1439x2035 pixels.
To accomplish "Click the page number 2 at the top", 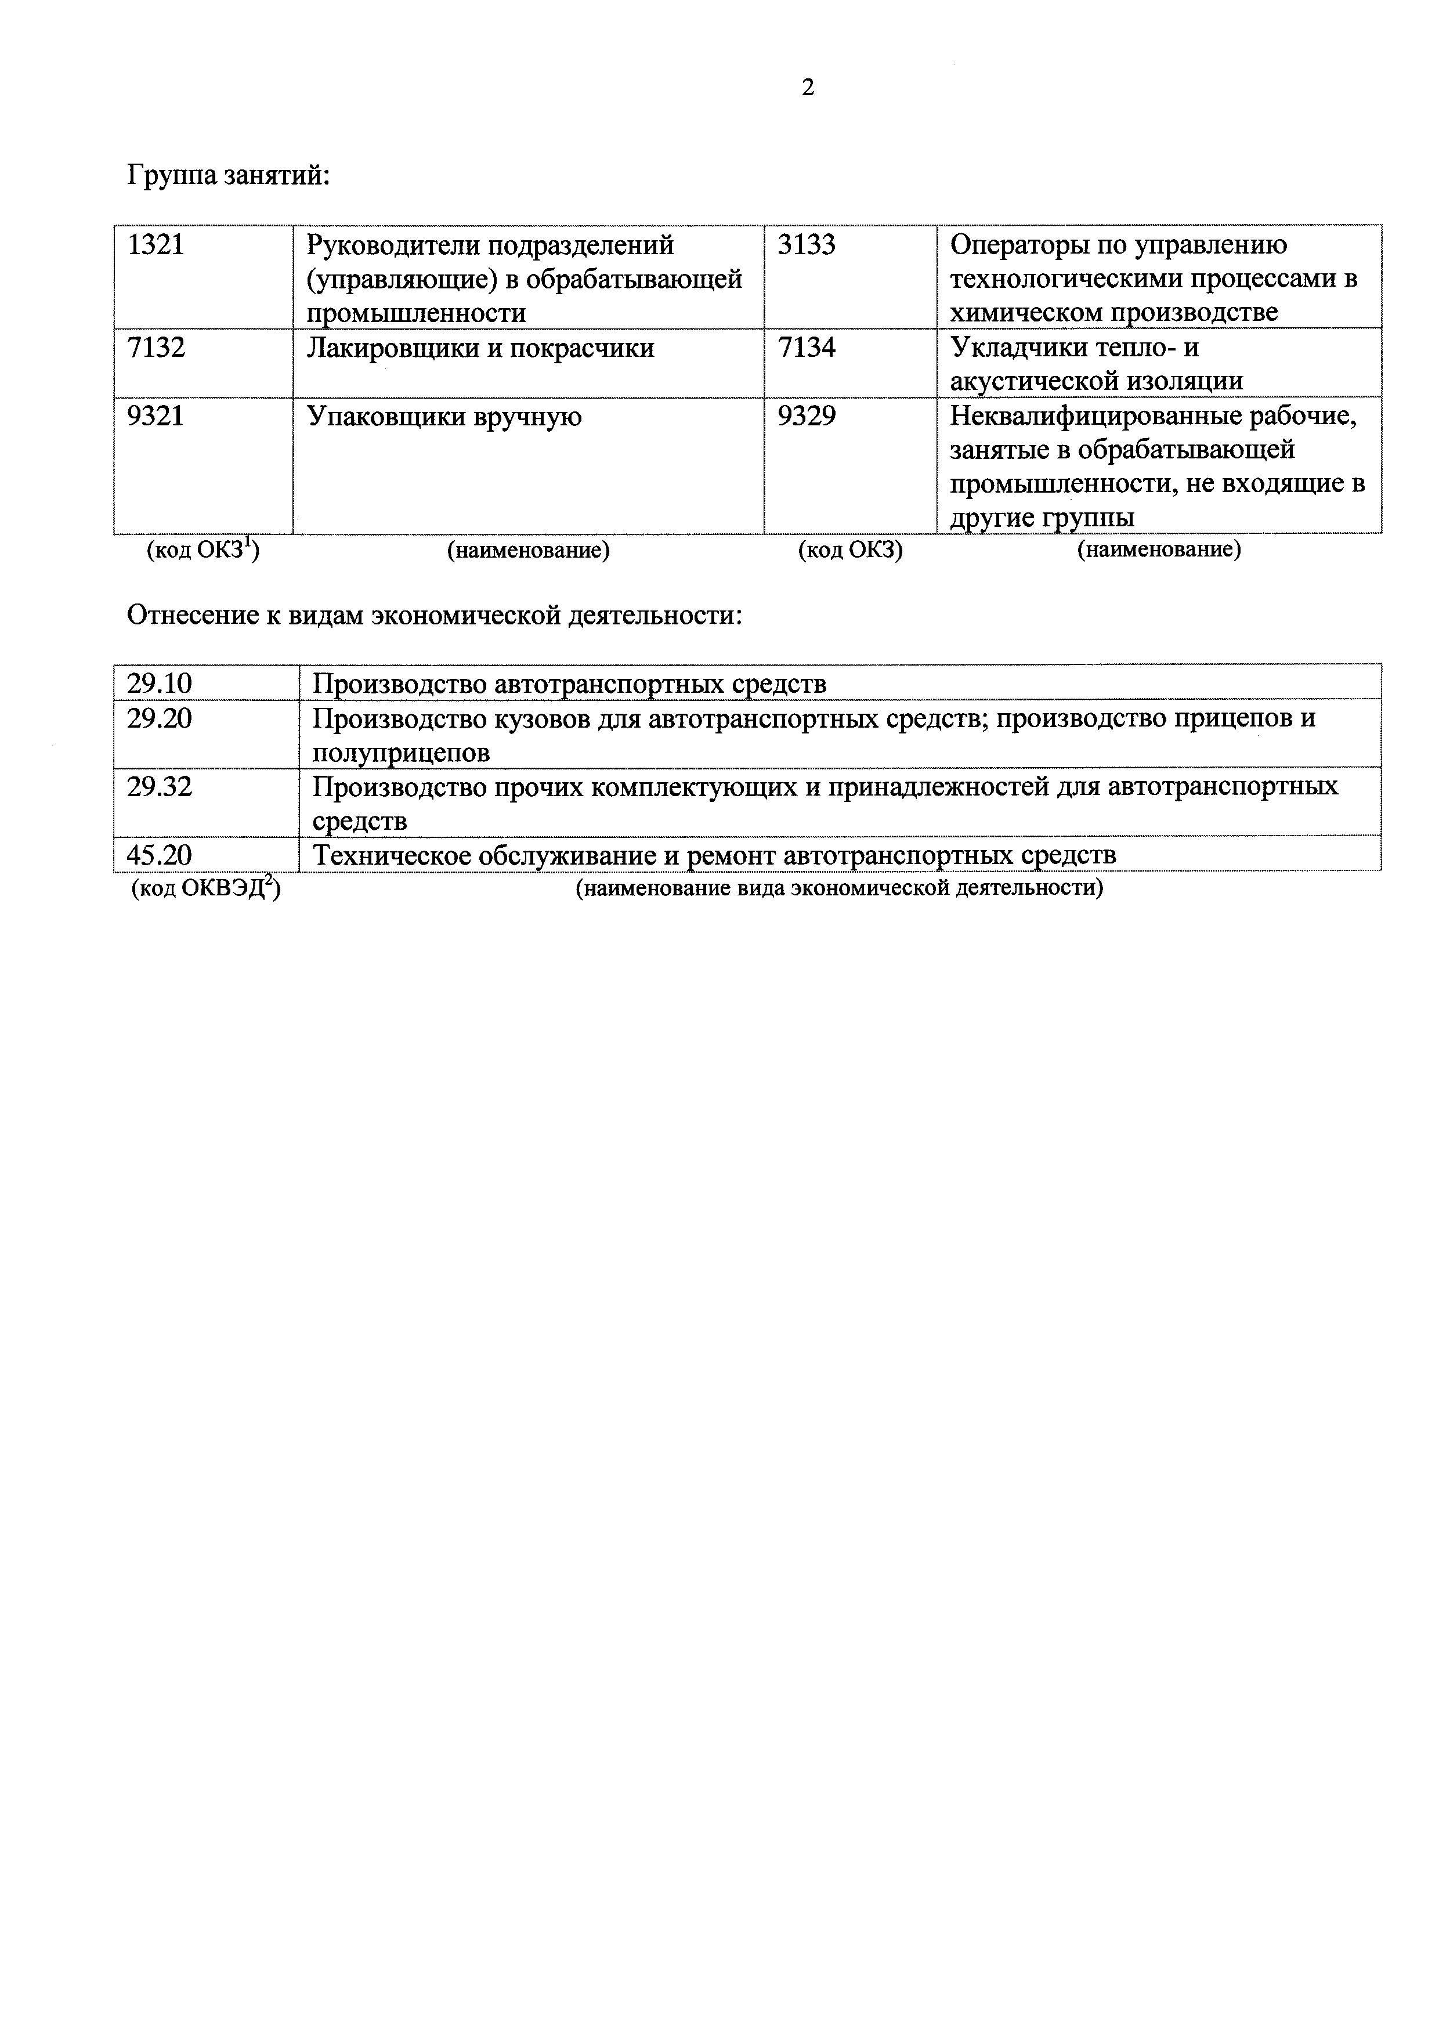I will [807, 88].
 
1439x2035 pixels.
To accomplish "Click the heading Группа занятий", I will [229, 175].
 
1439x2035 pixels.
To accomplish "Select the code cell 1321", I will [156, 245].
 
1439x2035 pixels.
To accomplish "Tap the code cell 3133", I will [807, 245].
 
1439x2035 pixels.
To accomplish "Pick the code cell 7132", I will [156, 348].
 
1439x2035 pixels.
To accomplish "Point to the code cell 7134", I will [807, 348].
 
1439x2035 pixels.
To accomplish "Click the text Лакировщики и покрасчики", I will [480, 348].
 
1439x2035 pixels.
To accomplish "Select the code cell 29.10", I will [160, 684].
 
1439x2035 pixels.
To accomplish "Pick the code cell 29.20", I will [160, 718].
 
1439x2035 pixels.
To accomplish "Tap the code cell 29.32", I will [160, 786].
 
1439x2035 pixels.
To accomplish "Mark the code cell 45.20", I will [160, 855].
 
